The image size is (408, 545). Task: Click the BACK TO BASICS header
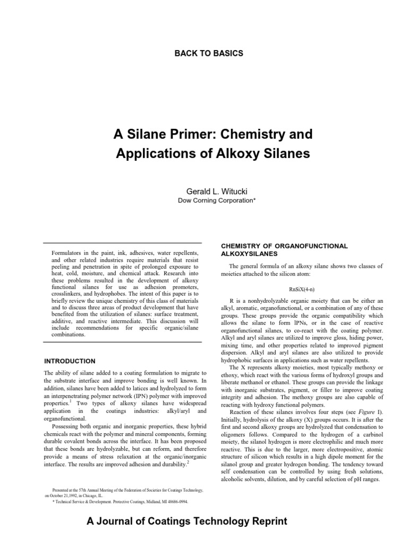tap(204, 53)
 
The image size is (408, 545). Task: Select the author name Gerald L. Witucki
tap(204, 191)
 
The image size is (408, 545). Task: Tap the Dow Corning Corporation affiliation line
tap(204, 200)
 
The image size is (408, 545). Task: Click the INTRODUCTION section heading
tap(70, 361)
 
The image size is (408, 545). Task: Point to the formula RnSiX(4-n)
tap(302, 289)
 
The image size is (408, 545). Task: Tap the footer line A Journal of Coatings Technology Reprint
tap(186, 522)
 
